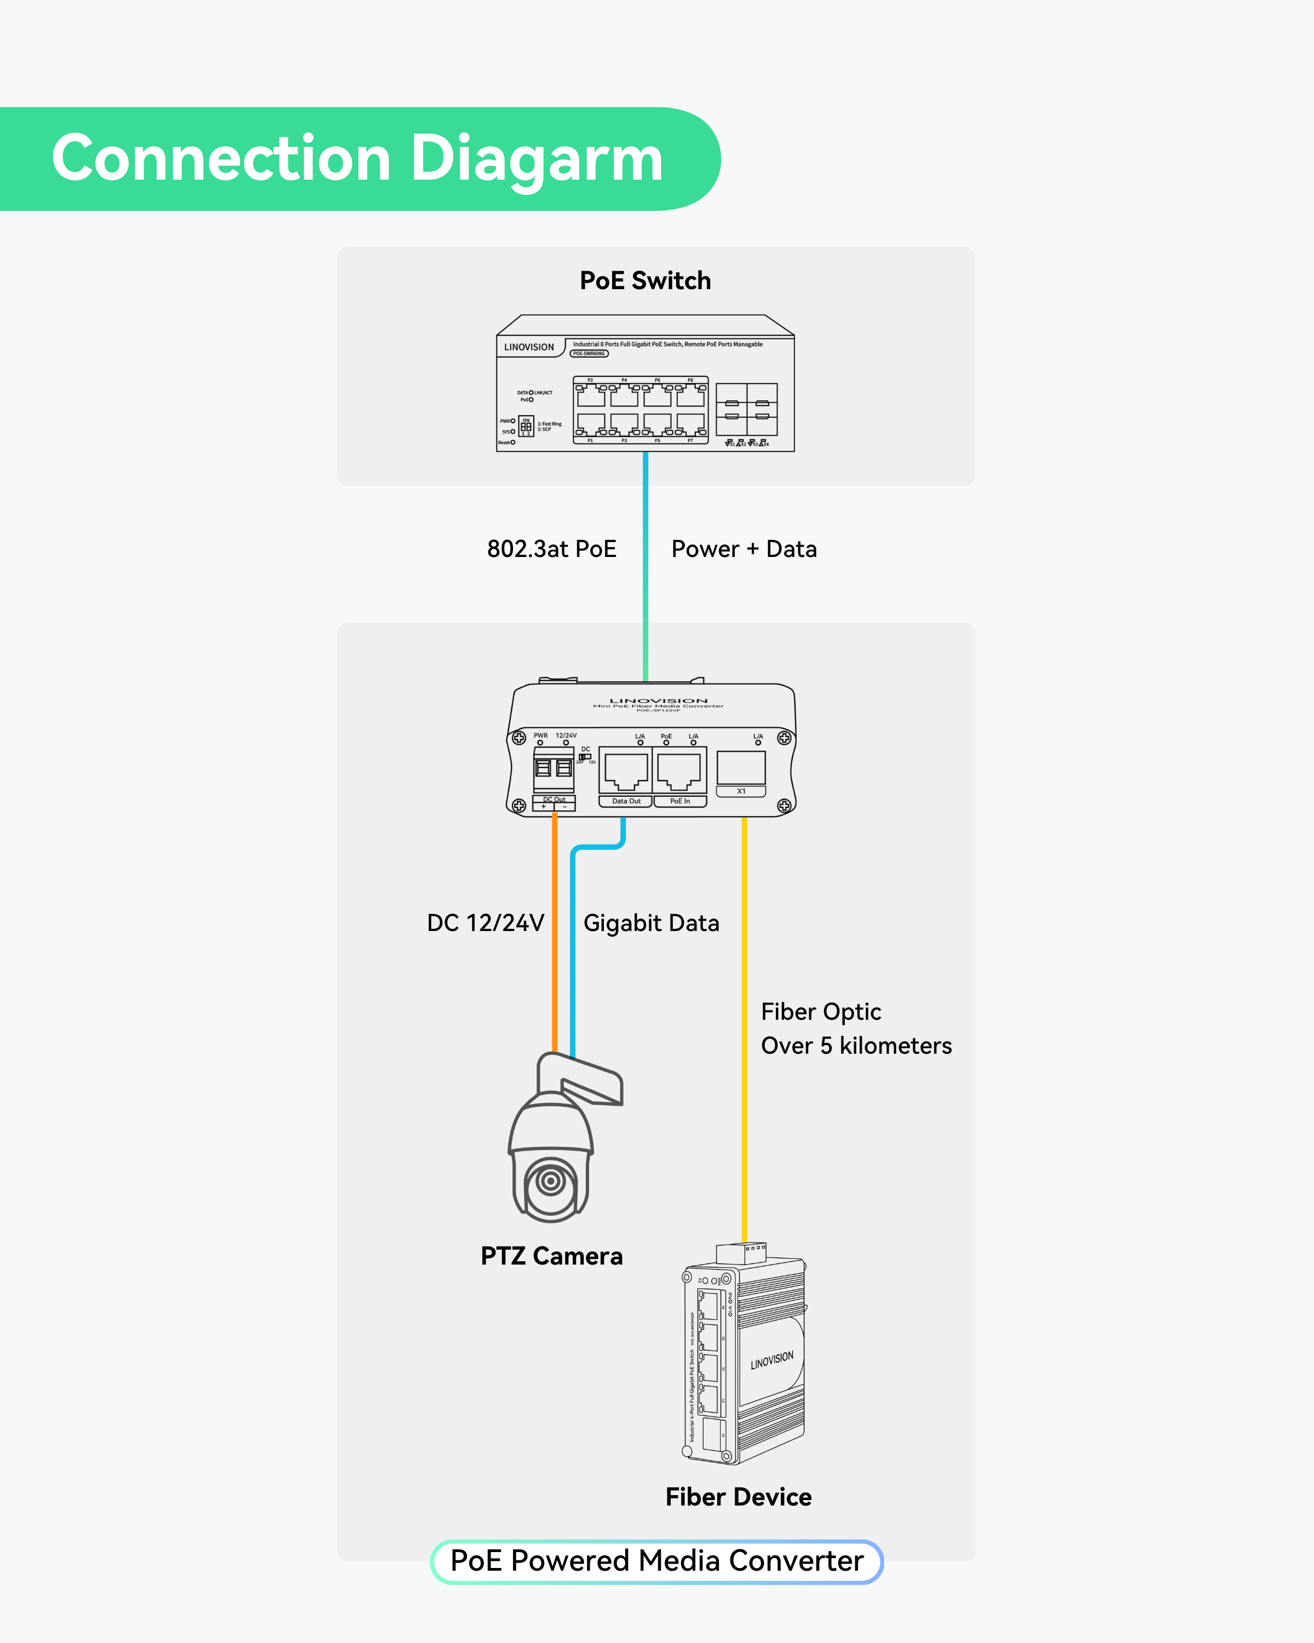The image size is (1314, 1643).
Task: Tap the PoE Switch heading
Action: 645,280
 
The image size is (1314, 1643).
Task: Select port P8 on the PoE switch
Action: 690,395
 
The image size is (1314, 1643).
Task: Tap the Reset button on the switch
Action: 512,442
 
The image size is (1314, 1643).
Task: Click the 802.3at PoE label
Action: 551,549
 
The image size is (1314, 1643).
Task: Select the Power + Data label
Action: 744,549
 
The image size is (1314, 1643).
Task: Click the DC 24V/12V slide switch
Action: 585,757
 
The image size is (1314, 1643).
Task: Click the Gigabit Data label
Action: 652,923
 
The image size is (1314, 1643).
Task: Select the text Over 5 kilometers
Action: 856,1045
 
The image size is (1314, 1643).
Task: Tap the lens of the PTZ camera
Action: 550,1182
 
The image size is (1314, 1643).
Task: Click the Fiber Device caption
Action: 738,1497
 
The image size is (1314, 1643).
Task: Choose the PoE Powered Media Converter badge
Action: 656,1561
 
